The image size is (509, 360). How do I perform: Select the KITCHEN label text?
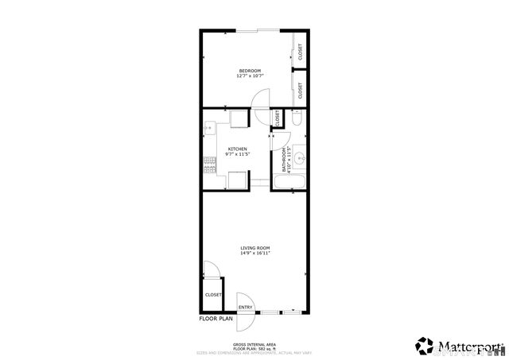click(237, 149)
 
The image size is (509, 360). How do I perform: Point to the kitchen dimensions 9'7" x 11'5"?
click(237, 154)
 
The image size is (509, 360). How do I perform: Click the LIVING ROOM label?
click(256, 248)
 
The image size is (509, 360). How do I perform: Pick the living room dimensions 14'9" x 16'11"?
click(256, 254)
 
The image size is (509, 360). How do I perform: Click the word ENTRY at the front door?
click(245, 308)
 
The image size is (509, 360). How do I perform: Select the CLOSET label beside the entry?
click(213, 295)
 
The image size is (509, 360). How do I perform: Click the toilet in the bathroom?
click(296, 119)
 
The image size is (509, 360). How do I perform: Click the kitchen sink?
click(208, 127)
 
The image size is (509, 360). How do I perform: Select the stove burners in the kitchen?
click(209, 165)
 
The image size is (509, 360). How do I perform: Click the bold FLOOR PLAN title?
click(216, 319)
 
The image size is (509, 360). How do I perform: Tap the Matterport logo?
click(459, 346)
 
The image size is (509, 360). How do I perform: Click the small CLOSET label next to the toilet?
click(276, 117)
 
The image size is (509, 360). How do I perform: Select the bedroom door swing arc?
click(260, 97)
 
